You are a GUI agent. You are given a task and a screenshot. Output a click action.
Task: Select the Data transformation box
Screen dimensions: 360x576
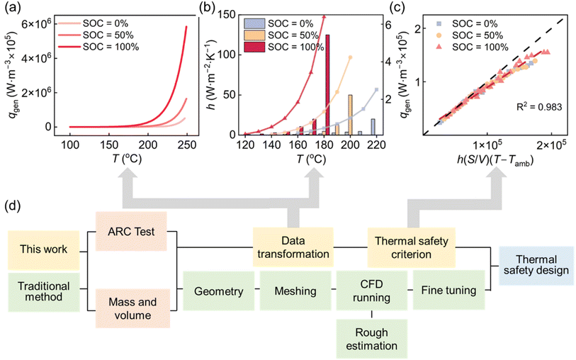(x=284, y=246)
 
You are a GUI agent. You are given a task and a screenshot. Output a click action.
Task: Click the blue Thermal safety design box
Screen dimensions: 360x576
(x=536, y=264)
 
